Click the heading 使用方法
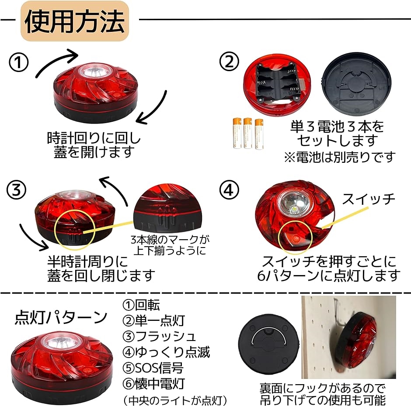[x=75, y=21]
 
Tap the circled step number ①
[x=19, y=64]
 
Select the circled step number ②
[x=229, y=64]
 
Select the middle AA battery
[x=248, y=133]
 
